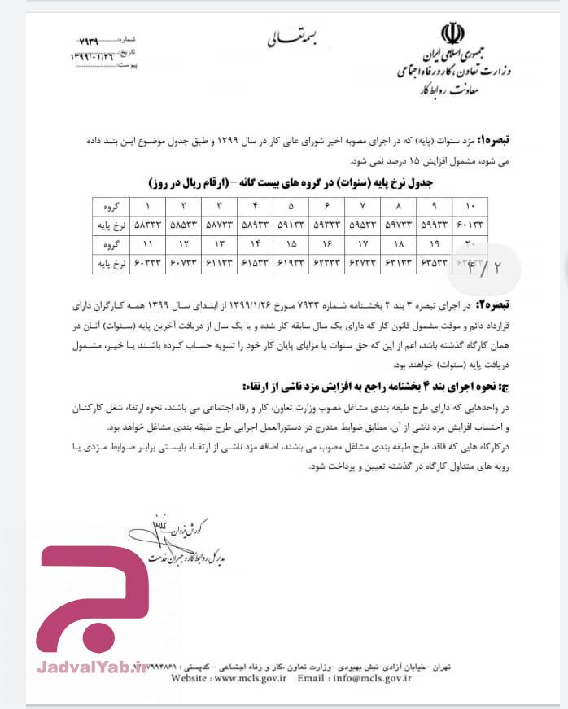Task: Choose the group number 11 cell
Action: [x=148, y=243]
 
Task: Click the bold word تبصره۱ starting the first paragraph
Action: [x=512, y=140]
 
